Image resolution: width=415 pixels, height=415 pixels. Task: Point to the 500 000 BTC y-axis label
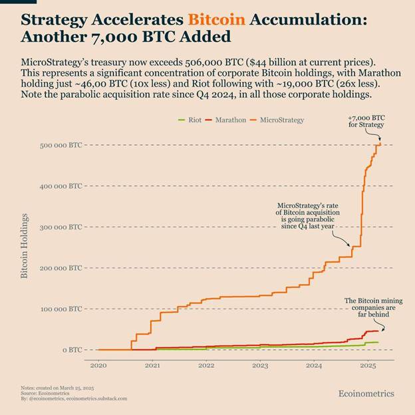59,145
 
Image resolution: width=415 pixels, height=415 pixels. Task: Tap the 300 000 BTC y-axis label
59,227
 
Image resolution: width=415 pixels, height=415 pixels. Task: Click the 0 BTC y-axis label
72,350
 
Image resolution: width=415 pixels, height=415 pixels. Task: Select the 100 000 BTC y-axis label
59,309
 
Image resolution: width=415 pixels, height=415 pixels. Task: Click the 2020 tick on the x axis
98,366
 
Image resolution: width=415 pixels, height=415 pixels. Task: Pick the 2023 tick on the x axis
260,366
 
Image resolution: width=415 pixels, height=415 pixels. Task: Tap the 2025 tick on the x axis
368,366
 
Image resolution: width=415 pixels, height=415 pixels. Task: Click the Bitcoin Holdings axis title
25,246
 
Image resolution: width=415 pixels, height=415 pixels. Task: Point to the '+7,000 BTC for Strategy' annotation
366,121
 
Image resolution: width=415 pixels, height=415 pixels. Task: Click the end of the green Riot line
378,342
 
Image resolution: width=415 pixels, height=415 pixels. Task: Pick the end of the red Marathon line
378,331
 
